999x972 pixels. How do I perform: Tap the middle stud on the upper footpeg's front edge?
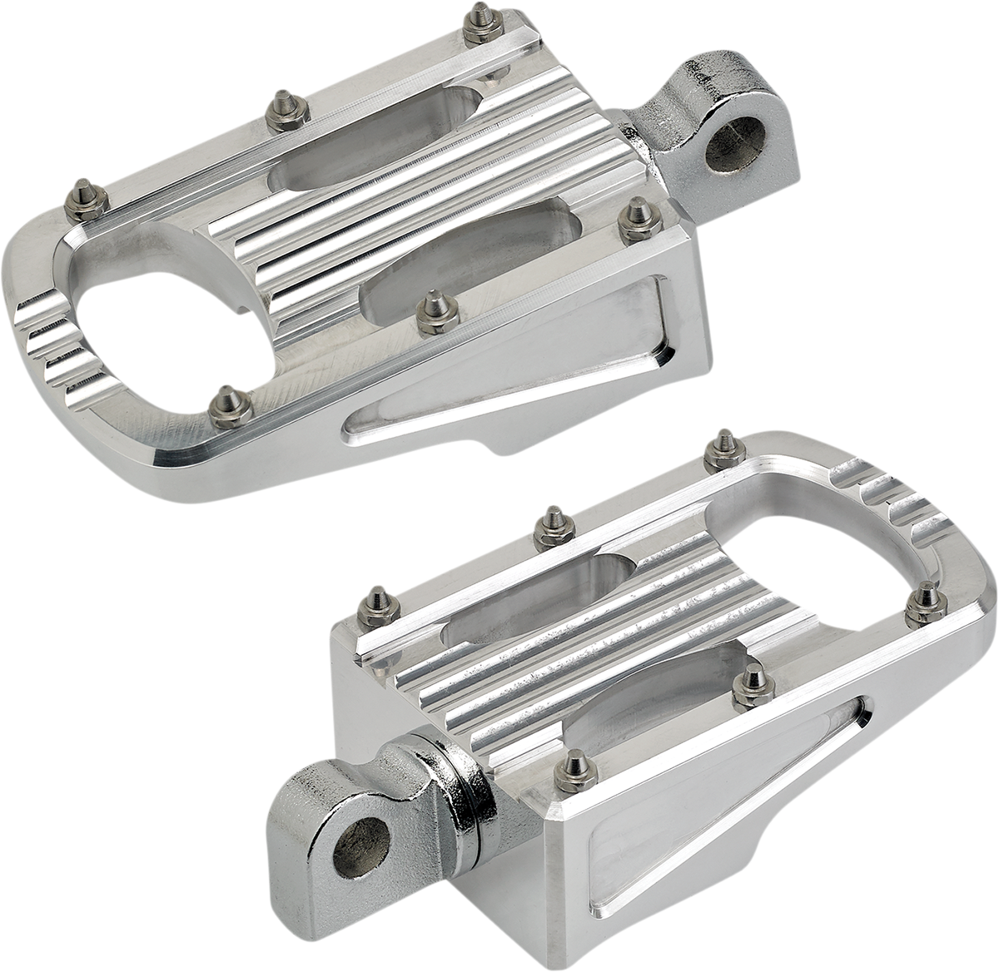pos(431,304)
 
